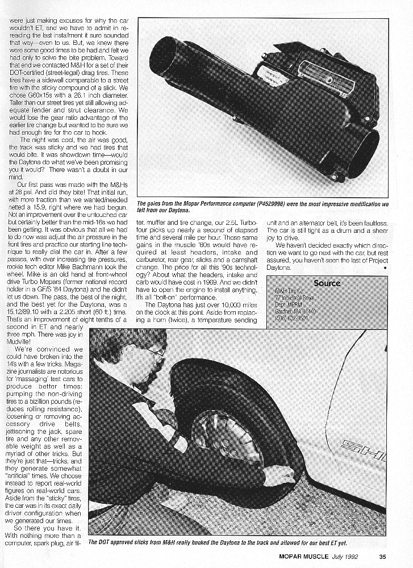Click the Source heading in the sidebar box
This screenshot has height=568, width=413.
(x=327, y=282)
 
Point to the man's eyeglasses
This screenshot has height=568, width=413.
(x=155, y=354)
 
